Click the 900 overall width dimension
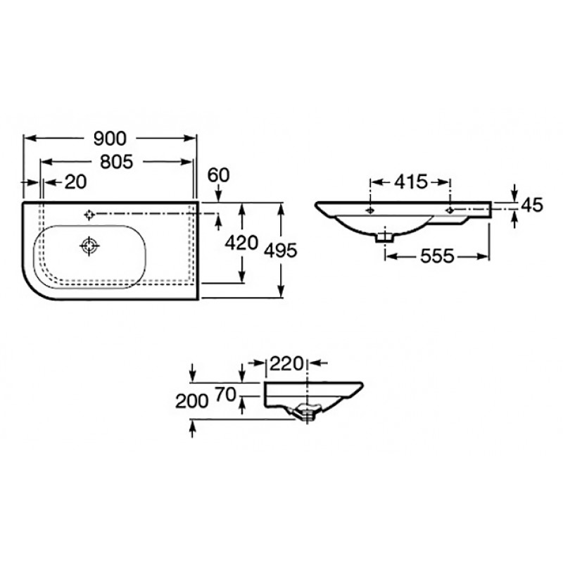point(110,139)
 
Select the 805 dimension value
point(116,162)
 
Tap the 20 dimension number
point(75,182)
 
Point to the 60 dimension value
point(218,175)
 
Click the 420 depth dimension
point(241,243)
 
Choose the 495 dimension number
point(280,251)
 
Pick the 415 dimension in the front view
point(411,182)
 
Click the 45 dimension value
point(532,205)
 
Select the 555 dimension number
point(437,256)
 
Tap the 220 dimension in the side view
point(286,364)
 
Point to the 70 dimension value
point(225,395)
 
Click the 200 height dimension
point(191,401)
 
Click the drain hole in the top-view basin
point(89,246)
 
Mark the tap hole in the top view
point(89,215)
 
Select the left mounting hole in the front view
point(370,210)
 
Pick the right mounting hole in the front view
point(450,210)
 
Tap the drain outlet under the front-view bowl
point(384,237)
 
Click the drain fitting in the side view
point(305,413)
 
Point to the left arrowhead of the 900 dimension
point(29,138)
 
